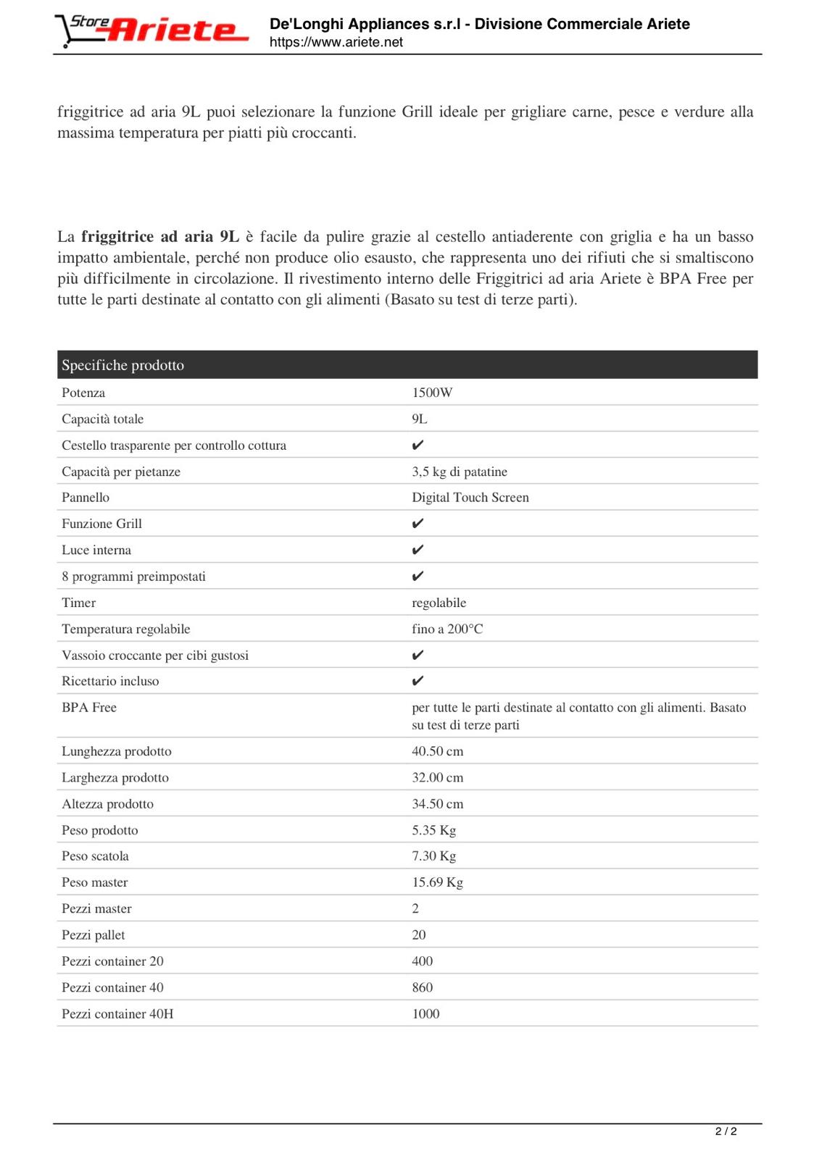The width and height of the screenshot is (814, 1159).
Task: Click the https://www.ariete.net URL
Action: (x=336, y=42)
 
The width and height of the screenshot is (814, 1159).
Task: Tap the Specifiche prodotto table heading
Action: (x=122, y=365)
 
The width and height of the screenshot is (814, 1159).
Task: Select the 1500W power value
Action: (x=432, y=393)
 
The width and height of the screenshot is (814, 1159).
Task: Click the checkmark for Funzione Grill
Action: (x=418, y=524)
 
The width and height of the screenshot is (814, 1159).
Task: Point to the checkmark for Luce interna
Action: (x=418, y=550)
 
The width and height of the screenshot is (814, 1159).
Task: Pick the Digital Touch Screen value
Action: (x=470, y=498)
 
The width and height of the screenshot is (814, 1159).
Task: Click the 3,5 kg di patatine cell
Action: (x=460, y=472)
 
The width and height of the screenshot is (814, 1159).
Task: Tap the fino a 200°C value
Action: (x=447, y=629)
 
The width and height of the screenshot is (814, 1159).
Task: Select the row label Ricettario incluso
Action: (x=110, y=681)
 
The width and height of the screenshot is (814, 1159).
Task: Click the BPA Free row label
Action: (x=89, y=708)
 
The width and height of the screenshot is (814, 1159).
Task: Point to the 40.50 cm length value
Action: (x=438, y=751)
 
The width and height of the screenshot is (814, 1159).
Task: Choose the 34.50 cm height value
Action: (x=438, y=804)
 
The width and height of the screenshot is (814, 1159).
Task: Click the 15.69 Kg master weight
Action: (x=438, y=882)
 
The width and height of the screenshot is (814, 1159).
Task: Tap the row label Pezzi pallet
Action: (x=94, y=935)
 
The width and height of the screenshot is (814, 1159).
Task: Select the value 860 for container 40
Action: (x=423, y=987)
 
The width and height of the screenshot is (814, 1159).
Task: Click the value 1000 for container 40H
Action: (x=426, y=1014)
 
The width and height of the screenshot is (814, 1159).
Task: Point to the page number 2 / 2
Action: (x=726, y=1131)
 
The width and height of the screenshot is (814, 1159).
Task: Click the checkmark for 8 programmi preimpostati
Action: (x=418, y=577)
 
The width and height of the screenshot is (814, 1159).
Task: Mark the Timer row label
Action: (x=79, y=603)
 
